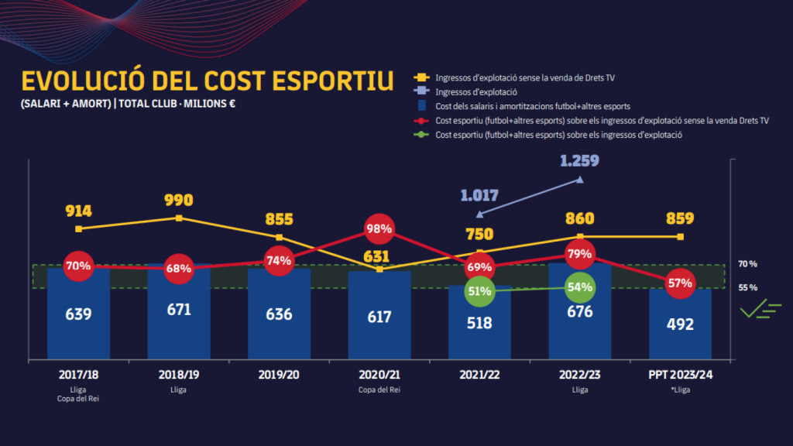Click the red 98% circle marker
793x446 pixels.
[x=379, y=229]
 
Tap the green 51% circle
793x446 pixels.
[x=479, y=291]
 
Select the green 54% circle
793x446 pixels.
[x=580, y=286]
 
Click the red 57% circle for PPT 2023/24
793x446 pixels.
[x=680, y=283]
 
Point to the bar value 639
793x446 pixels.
[x=78, y=314]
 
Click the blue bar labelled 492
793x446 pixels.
[x=680, y=324]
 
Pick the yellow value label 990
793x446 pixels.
[x=178, y=201]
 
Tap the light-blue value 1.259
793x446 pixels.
[x=580, y=161]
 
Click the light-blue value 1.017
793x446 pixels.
[x=479, y=195]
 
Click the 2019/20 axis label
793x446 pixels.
[x=279, y=374]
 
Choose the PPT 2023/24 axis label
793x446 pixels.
[x=680, y=374]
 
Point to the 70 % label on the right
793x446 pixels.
[x=747, y=264]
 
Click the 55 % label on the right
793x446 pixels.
[x=747, y=287]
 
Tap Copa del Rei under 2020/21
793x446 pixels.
[x=379, y=389]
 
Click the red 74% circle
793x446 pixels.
[x=279, y=260]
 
